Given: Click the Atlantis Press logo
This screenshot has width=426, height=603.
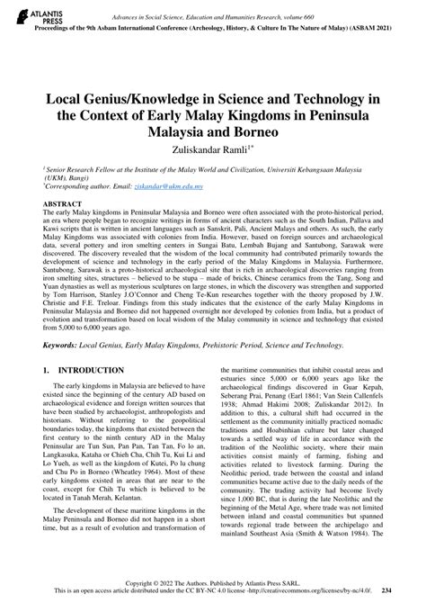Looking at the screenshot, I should coord(24,14).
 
